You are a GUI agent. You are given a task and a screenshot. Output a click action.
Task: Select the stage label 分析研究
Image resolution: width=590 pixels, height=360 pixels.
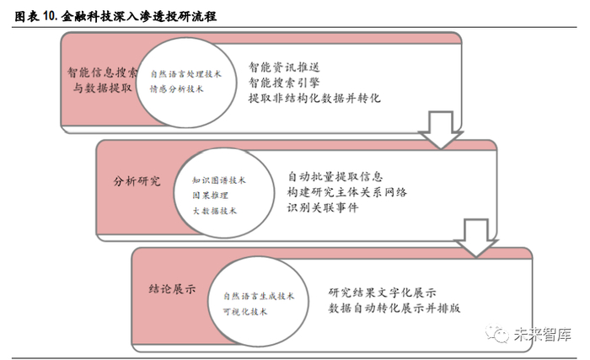click(x=137, y=181)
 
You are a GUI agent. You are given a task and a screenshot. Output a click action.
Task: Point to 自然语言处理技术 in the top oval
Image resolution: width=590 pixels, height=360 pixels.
click(x=185, y=73)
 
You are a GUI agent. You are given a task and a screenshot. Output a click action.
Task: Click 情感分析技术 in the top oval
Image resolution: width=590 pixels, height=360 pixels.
click(x=176, y=89)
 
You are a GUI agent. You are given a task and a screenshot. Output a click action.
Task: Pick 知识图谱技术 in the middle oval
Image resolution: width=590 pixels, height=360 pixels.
click(x=218, y=180)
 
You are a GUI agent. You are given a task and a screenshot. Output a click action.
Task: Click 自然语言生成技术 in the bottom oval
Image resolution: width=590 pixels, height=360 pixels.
click(x=259, y=296)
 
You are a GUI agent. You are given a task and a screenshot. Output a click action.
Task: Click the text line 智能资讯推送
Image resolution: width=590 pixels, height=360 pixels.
click(x=284, y=67)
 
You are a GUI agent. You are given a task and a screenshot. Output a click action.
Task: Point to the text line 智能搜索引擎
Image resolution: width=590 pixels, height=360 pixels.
click(x=284, y=83)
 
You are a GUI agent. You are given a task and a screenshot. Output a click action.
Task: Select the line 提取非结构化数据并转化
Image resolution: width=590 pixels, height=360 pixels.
click(x=315, y=99)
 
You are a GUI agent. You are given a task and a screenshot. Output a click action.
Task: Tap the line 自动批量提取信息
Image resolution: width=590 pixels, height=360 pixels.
click(x=335, y=177)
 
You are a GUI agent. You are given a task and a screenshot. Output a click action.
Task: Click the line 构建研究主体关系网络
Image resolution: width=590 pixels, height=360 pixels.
click(x=347, y=192)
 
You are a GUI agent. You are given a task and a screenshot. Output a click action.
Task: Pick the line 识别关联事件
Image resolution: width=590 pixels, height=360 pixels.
click(x=323, y=207)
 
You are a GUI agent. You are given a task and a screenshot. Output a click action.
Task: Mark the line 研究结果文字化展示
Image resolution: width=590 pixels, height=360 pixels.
click(x=382, y=292)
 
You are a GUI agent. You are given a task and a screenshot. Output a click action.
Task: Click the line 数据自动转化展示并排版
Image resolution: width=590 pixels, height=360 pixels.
click(x=394, y=308)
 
